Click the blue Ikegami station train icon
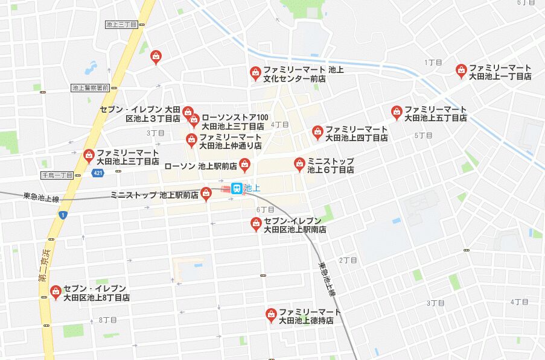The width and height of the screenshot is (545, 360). coord(237,189)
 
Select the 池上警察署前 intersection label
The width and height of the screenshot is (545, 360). coord(90,88)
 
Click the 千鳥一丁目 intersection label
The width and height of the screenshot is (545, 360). coord(57,175)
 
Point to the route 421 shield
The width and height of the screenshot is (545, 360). coord(97,173)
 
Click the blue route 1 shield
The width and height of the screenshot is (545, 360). coord(62,215)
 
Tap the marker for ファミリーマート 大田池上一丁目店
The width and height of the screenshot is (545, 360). coord(462,71)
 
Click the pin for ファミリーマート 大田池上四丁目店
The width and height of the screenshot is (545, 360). coord(317,132)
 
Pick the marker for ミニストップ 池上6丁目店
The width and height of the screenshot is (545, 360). coord(299,164)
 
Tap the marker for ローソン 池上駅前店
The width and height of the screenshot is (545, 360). coord(244,164)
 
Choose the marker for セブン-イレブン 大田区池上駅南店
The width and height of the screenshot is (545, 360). coord(257,224)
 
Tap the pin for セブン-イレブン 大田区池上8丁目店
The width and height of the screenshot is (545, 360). coord(56,292)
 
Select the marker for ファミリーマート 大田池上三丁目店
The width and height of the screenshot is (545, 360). coord(89,156)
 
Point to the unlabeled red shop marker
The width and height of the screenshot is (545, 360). coord(156,57)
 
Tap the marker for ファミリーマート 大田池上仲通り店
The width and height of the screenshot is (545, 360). coord(191,141)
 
